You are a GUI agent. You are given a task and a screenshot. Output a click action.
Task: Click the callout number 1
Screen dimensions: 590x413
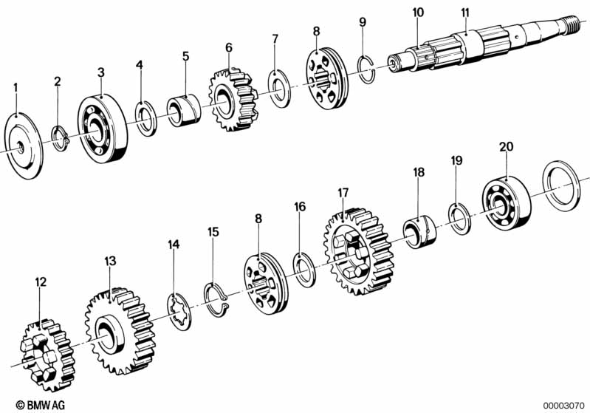pyautogui.click(x=16, y=88)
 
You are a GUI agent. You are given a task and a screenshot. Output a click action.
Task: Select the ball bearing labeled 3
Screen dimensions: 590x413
pyautogui.click(x=103, y=129)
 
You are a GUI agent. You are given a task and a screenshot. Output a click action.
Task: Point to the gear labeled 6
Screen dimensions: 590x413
pyautogui.click(x=233, y=100)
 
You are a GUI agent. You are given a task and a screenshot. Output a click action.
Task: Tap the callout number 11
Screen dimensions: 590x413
pyautogui.click(x=465, y=13)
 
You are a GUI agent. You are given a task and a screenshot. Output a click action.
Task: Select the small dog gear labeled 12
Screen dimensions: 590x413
pyautogui.click(x=48, y=355)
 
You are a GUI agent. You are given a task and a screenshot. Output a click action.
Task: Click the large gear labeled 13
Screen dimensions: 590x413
pyautogui.click(x=120, y=330)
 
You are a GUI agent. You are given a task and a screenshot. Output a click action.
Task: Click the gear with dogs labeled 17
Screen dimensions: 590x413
pyautogui.click(x=359, y=250)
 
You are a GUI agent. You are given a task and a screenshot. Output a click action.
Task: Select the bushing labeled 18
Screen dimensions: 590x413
pyautogui.click(x=419, y=231)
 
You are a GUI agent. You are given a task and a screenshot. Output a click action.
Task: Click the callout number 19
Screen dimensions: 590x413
pyautogui.click(x=456, y=161)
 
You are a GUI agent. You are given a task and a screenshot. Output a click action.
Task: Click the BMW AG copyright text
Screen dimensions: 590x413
pyautogui.click(x=41, y=405)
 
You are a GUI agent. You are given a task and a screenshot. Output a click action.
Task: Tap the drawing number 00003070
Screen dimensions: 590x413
pyautogui.click(x=563, y=406)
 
